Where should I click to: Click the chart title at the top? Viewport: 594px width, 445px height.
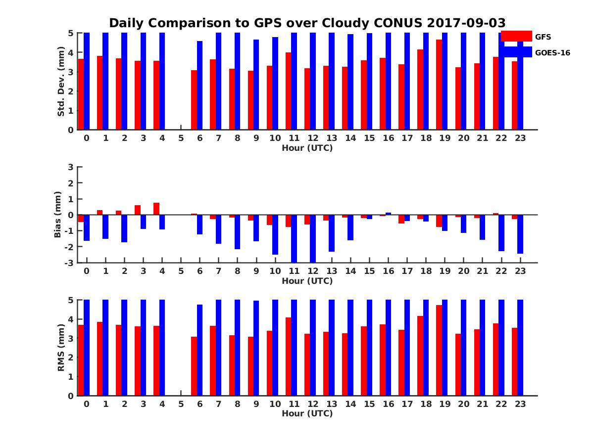(307, 23)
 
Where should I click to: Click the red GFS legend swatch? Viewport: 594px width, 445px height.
(516, 36)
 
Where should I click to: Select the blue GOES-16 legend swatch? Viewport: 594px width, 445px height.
(516, 52)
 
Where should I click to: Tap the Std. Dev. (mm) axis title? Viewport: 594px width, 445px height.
(61, 82)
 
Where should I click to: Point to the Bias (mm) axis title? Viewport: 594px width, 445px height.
(58, 214)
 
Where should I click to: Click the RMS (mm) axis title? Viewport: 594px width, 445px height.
(61, 348)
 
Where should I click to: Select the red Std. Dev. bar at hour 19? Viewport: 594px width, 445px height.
(439, 85)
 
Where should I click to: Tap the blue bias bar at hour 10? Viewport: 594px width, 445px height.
(275, 234)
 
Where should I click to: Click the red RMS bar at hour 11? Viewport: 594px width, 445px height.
(288, 356)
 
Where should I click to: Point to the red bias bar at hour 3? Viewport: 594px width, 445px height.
(138, 210)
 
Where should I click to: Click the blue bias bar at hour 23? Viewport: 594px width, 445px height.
(520, 234)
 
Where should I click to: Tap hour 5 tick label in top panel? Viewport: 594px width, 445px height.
(181, 138)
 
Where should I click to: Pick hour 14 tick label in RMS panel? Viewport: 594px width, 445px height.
(350, 403)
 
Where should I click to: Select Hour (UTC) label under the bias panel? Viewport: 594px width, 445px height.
(307, 281)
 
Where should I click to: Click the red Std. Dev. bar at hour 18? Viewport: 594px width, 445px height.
(420, 89)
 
